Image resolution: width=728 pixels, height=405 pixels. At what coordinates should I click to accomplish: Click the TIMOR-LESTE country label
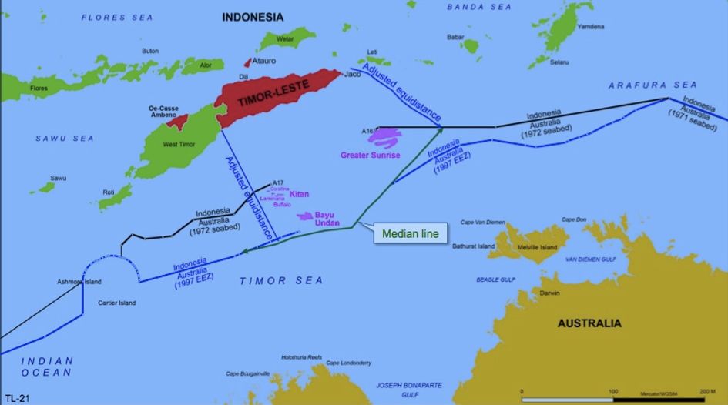pyautogui.click(x=267, y=101)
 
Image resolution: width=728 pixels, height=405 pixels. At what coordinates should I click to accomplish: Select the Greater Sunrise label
pyautogui.click(x=371, y=155)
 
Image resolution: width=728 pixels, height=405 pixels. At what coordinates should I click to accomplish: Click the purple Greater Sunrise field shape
pyautogui.click(x=384, y=137)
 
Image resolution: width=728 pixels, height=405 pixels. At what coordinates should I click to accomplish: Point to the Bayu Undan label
pyautogui.click(x=329, y=218)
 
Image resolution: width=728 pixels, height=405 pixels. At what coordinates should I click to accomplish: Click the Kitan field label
pyautogui.click(x=299, y=195)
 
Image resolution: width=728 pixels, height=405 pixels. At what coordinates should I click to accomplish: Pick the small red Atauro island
pyautogui.click(x=247, y=62)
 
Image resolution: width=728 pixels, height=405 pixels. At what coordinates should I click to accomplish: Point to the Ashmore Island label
pyautogui.click(x=79, y=282)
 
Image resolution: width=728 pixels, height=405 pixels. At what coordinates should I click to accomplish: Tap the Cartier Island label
pyautogui.click(x=116, y=303)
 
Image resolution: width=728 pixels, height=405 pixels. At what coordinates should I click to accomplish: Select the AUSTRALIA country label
pyautogui.click(x=589, y=323)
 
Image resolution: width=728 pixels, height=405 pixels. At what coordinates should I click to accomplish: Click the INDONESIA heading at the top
pyautogui.click(x=253, y=17)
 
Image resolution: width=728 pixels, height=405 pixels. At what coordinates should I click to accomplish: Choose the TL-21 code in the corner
pyautogui.click(x=17, y=398)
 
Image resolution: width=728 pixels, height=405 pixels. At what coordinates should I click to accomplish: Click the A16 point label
pyautogui.click(x=367, y=132)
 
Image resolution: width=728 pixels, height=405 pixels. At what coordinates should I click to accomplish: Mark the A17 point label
pyautogui.click(x=278, y=183)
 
